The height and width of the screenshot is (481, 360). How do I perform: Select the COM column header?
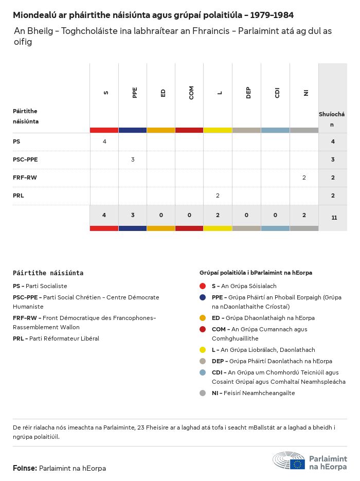click(x=191, y=93)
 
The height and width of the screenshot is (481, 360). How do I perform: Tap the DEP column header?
click(x=248, y=93)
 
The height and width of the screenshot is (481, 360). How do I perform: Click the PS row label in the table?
click(x=16, y=141)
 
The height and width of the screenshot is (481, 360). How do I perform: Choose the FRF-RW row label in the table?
click(x=25, y=177)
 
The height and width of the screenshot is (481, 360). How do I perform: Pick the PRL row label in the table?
click(x=19, y=195)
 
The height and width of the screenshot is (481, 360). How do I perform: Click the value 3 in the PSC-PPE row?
click(x=133, y=159)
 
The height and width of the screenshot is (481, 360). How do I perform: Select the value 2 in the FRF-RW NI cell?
click(x=304, y=177)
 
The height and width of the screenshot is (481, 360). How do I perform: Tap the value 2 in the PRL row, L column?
click(x=218, y=195)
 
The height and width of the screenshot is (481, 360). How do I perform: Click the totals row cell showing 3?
click(x=133, y=215)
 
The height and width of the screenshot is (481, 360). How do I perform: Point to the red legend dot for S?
click(x=203, y=286)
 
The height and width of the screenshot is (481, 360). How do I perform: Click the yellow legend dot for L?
click(x=203, y=350)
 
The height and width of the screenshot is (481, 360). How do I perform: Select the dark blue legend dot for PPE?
click(x=203, y=297)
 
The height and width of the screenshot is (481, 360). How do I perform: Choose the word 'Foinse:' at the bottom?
click(x=25, y=468)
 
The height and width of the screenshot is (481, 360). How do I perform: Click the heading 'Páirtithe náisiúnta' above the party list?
click(x=48, y=273)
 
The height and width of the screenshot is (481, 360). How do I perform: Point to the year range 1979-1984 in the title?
click(x=269, y=15)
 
